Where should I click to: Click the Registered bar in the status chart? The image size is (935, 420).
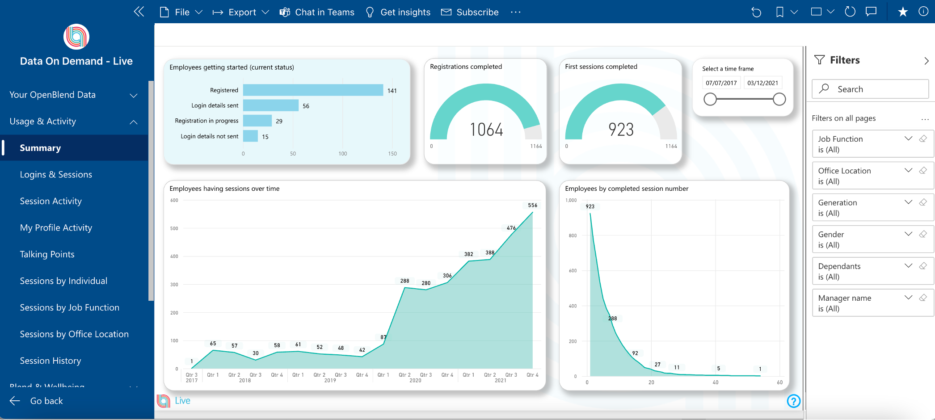tap(313, 90)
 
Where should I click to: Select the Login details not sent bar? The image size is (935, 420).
tap(250, 136)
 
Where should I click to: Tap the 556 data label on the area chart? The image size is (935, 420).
tap(532, 206)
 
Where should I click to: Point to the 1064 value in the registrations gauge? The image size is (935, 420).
tap(486, 130)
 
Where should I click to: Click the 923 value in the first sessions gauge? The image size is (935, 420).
tap(621, 130)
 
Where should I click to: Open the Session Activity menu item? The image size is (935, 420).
tap(51, 202)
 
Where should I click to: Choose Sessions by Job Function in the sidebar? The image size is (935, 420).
tap(70, 308)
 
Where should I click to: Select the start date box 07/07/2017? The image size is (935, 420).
tap(721, 83)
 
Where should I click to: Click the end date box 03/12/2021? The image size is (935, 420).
tap(762, 83)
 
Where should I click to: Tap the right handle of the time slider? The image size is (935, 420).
tap(779, 99)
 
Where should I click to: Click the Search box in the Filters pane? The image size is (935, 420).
tap(870, 89)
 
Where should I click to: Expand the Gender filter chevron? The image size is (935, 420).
tap(908, 234)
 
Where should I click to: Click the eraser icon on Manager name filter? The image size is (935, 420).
tap(923, 298)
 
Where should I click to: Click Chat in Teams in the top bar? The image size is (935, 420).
tap(317, 12)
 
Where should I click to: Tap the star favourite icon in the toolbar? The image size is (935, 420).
tap(903, 12)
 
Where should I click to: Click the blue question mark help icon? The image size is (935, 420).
tap(793, 401)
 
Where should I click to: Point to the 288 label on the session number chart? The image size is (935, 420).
tap(612, 319)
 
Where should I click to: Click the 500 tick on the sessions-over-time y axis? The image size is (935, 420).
tap(174, 228)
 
